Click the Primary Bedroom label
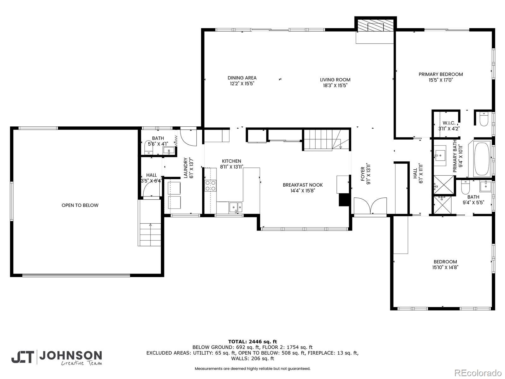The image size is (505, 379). pos(441,74)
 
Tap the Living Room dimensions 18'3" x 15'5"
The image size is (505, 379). pos(335,86)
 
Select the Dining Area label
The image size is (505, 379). pos(242,78)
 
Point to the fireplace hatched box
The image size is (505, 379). pos(376,27)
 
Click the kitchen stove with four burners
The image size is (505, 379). pos(210,186)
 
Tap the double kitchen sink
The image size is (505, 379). pos(235,207)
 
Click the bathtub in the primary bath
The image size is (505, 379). pos(482,159)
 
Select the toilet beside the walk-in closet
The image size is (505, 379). pos(484,119)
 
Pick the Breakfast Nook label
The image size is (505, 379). pos(303,185)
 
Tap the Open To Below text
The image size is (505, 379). pos(80,205)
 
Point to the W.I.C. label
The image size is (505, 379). pos(449,123)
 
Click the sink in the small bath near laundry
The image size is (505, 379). pos(169,151)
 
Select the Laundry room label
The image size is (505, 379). pos(186,168)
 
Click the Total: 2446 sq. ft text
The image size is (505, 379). pos(252,341)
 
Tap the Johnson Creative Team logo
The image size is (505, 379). pos(56,358)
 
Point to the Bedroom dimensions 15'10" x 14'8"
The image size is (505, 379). pos(445,268)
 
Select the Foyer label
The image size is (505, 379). pos(363,174)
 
